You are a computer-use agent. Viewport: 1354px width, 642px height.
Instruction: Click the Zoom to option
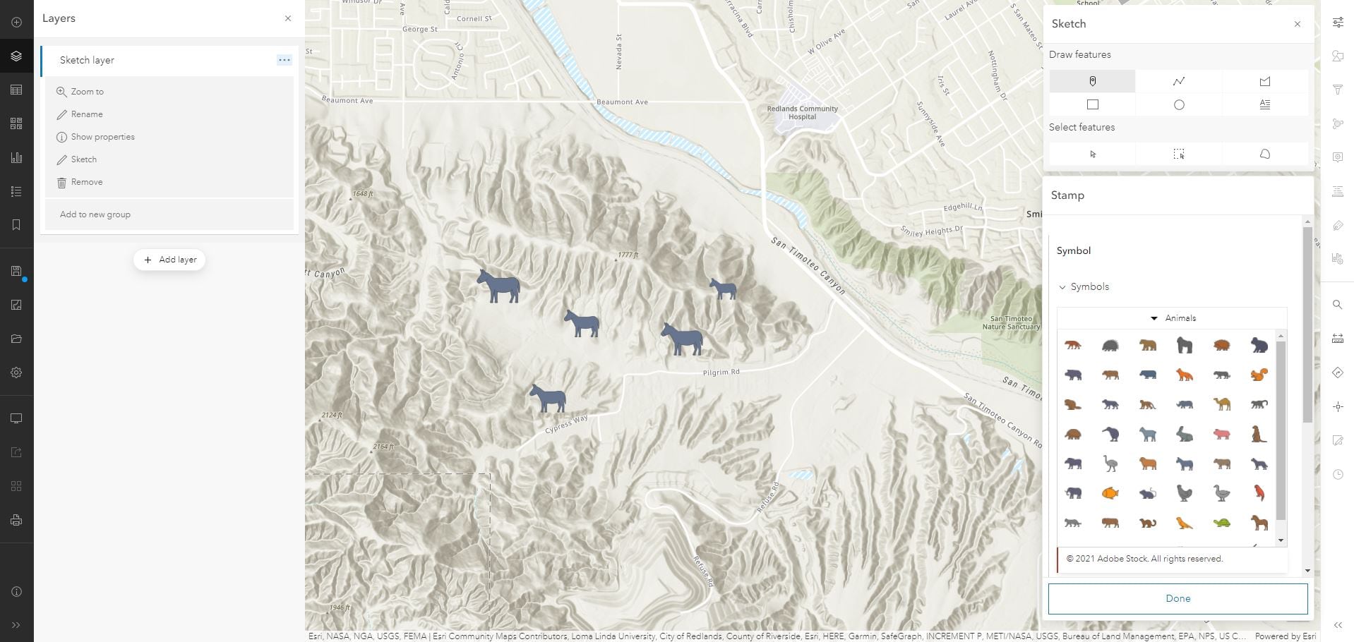pyautogui.click(x=87, y=92)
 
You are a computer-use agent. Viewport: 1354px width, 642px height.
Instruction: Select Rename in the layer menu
pyautogui.click(x=86, y=114)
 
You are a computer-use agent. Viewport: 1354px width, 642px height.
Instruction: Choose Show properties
pyautogui.click(x=102, y=137)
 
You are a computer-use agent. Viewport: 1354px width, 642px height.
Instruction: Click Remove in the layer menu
pyautogui.click(x=86, y=182)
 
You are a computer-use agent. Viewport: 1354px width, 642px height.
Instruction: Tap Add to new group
pyautogui.click(x=95, y=214)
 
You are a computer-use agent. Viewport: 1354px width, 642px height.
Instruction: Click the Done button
pyautogui.click(x=1178, y=598)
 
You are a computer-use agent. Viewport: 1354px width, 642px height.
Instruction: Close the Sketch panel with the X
pyautogui.click(x=1297, y=24)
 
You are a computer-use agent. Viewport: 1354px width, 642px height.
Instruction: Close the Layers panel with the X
pyautogui.click(x=287, y=18)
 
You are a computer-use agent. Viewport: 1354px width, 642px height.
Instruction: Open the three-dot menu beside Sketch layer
pyautogui.click(x=284, y=60)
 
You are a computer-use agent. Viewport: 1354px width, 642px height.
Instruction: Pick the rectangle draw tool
pyautogui.click(x=1092, y=105)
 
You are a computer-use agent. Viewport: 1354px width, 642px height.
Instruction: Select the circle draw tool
pyautogui.click(x=1178, y=105)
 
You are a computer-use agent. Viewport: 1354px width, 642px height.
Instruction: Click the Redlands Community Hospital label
pyautogui.click(x=802, y=113)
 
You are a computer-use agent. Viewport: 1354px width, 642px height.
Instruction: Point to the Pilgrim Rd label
pyautogui.click(x=721, y=372)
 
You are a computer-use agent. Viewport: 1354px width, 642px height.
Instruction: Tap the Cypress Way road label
pyautogui.click(x=566, y=425)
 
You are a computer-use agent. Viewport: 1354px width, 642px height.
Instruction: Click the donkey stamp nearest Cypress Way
pyautogui.click(x=548, y=399)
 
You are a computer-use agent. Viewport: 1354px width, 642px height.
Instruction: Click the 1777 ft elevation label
pyautogui.click(x=628, y=255)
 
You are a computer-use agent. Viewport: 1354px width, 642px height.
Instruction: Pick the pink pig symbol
pyautogui.click(x=1221, y=435)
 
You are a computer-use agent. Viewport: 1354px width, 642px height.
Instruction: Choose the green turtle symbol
pyautogui.click(x=1221, y=523)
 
